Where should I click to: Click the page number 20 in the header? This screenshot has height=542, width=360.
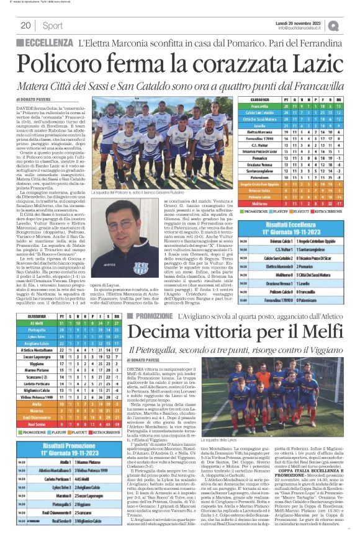(x=26, y=25)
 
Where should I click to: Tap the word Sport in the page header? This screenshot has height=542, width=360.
(x=52, y=25)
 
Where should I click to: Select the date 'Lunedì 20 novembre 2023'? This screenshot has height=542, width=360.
(x=301, y=22)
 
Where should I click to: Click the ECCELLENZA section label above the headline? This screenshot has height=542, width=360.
(x=47, y=42)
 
